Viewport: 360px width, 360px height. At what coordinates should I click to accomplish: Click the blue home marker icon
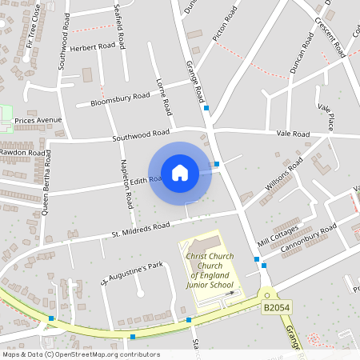180,173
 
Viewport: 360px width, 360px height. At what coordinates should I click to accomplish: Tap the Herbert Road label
93,47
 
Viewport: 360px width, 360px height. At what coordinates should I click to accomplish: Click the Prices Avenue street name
38,121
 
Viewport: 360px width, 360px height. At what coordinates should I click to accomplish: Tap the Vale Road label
293,134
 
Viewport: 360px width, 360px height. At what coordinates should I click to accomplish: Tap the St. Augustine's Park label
131,274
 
